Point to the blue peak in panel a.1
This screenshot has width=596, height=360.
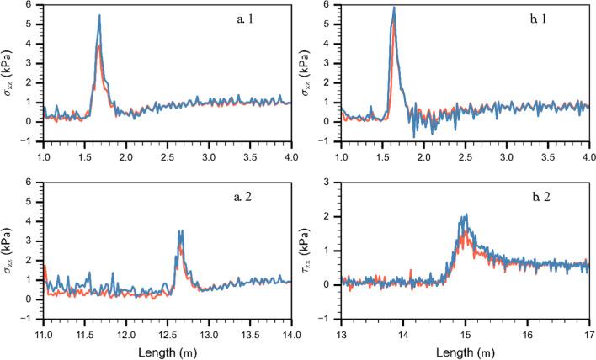(99, 16)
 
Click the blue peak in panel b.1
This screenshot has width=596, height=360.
(394, 8)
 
